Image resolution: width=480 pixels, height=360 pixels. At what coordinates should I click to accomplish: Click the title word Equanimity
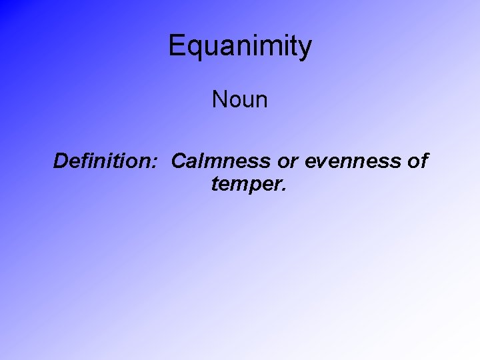240,47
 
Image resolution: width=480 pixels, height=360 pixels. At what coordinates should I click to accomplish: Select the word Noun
240,100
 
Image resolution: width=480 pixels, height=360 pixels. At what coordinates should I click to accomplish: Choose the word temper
246,184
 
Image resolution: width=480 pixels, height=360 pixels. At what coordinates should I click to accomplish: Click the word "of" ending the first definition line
417,161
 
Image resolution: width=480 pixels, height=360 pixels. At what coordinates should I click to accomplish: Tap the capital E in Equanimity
176,46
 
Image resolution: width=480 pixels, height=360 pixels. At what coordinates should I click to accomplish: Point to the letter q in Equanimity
193,49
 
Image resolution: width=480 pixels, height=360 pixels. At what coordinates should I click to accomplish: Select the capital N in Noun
219,100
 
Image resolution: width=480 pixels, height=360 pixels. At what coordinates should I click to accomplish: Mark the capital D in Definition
61,161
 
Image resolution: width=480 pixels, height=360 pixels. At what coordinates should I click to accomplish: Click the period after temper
285,189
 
